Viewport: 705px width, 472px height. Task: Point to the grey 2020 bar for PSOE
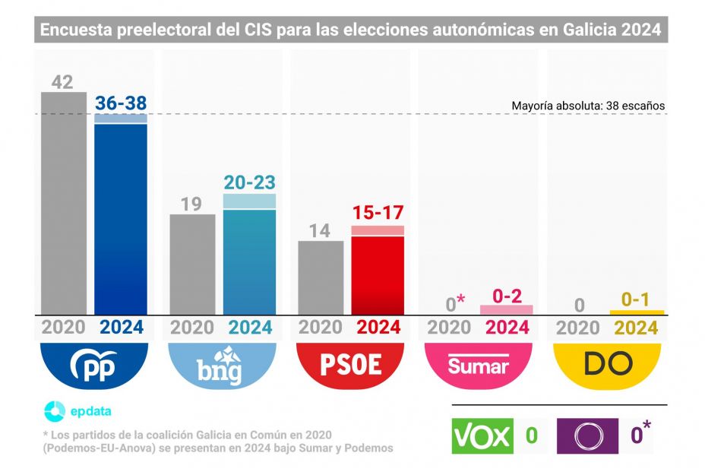point(321,277)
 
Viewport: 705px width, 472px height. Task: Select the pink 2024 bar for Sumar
point(507,309)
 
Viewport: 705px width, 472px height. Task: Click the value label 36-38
point(120,103)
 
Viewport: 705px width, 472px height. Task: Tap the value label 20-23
point(249,182)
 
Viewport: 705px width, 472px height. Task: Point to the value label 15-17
point(378,213)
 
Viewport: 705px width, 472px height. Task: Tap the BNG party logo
point(221,366)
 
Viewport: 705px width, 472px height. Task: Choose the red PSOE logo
point(349,366)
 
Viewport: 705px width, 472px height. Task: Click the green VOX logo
point(482,436)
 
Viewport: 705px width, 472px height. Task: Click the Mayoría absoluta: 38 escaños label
point(588,106)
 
